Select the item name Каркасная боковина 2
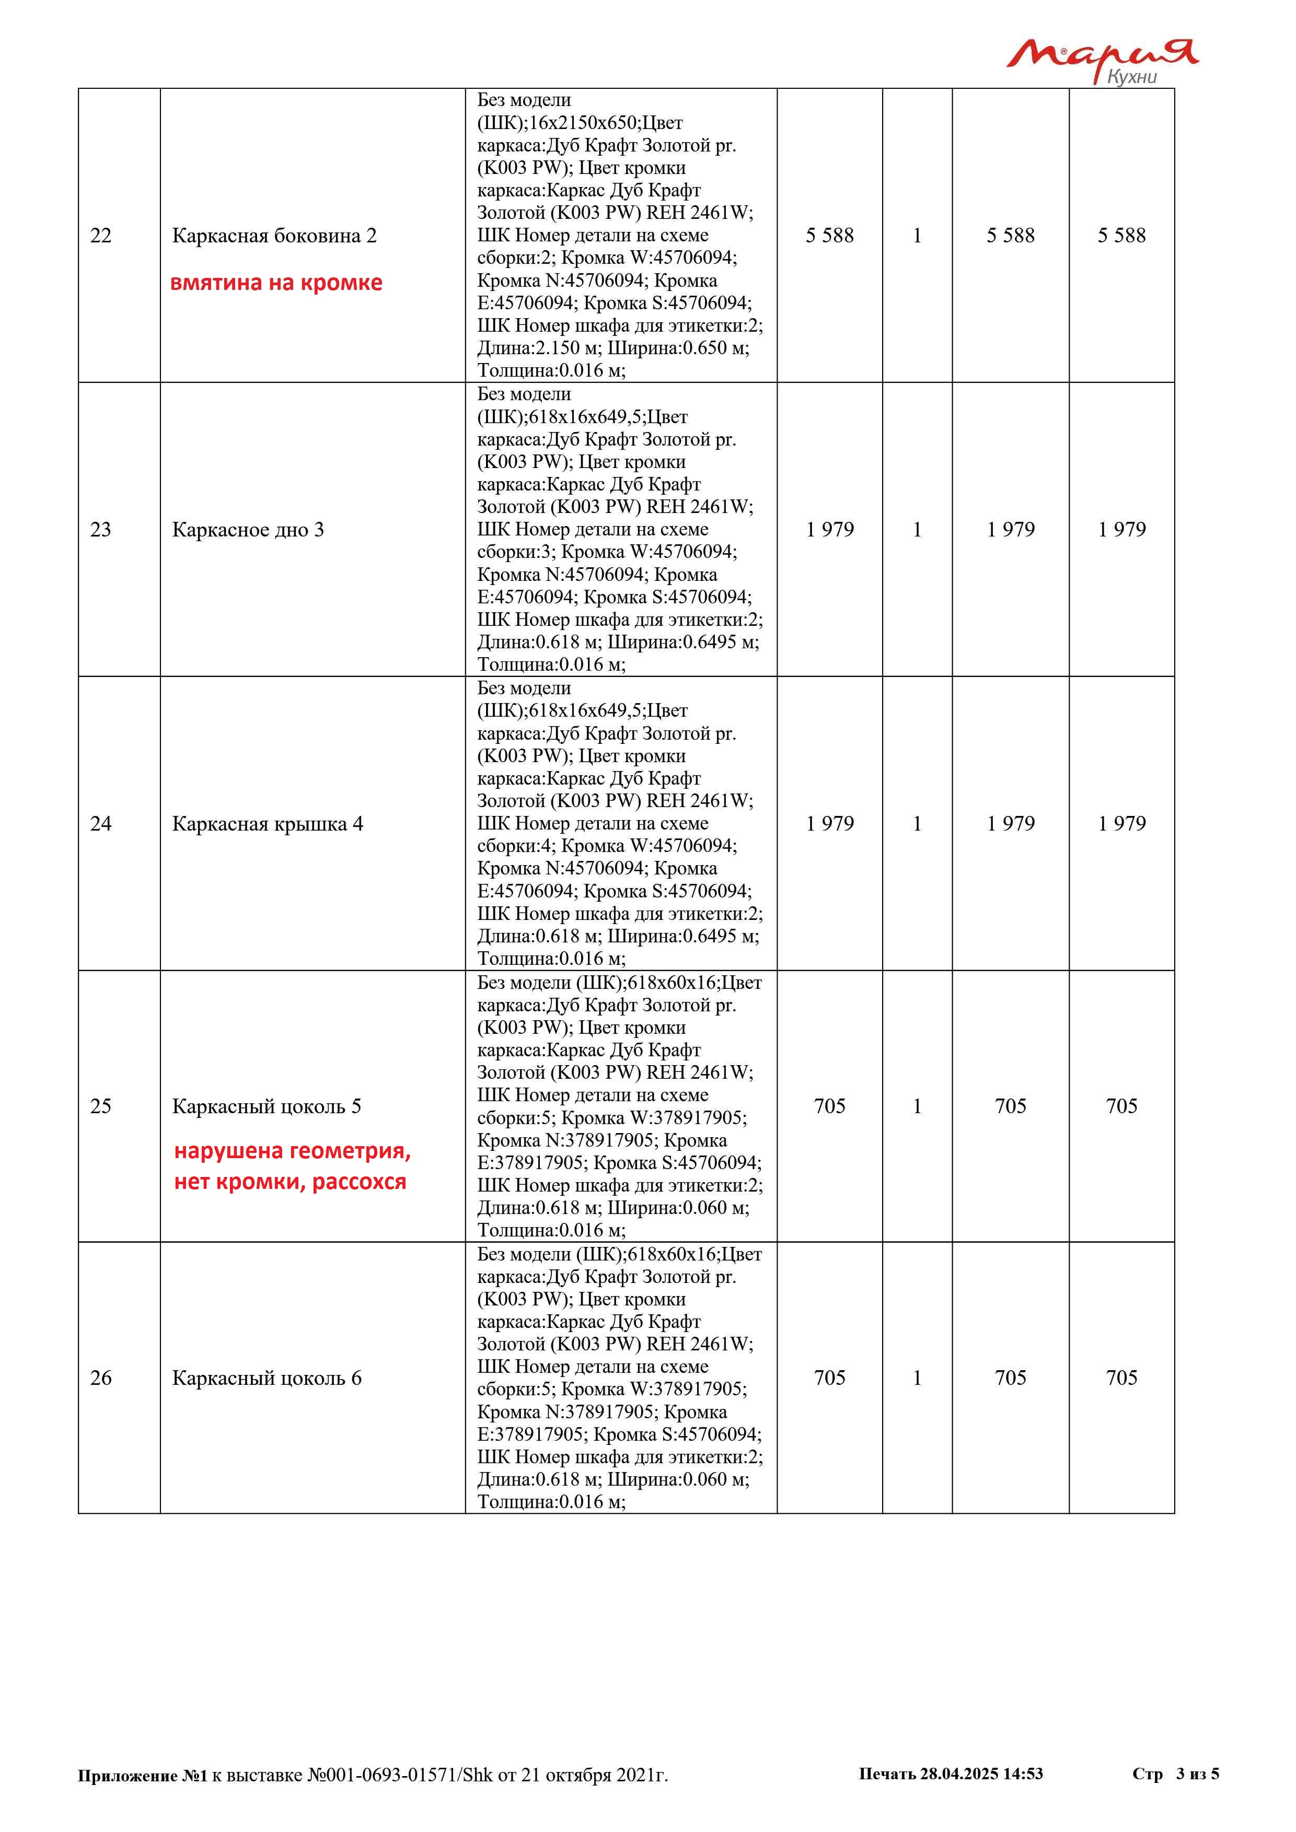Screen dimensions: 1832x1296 (x=274, y=236)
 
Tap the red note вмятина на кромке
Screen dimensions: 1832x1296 (x=276, y=283)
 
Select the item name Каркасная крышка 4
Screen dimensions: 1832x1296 (x=268, y=823)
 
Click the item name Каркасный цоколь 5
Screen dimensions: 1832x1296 (x=267, y=1106)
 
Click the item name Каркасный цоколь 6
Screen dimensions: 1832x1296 (x=267, y=1378)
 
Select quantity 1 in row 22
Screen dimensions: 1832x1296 (x=917, y=236)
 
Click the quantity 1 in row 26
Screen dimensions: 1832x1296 (x=917, y=1378)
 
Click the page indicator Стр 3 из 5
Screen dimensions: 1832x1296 (x=1175, y=1773)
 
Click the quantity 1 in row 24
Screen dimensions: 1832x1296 (x=917, y=823)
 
